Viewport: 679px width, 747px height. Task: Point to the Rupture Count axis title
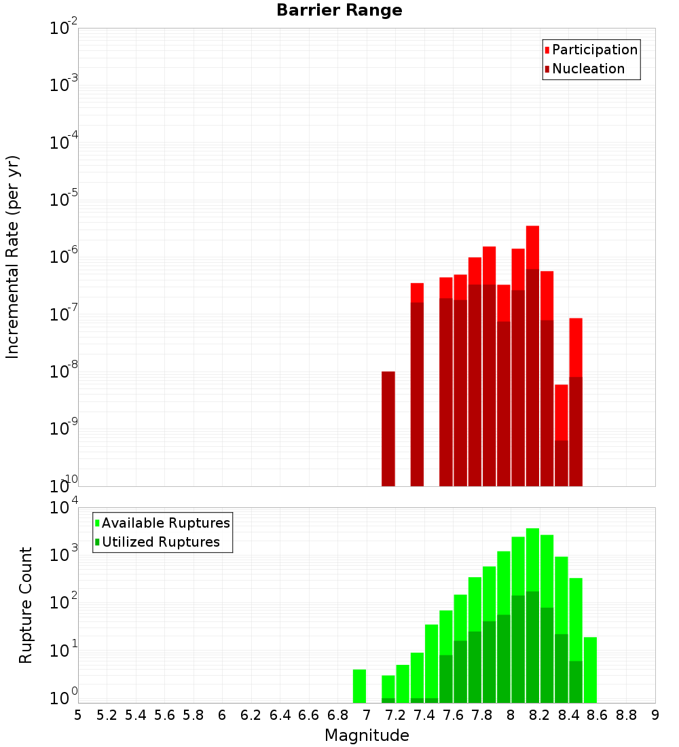(x=26, y=605)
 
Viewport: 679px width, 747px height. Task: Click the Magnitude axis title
(x=367, y=735)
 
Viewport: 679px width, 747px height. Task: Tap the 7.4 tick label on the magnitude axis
(x=424, y=715)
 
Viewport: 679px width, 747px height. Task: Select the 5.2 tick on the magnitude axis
(x=107, y=715)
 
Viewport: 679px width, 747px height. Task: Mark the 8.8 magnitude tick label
(x=626, y=715)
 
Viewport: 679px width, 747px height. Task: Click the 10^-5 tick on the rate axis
(x=65, y=200)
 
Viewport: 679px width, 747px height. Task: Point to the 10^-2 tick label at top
(x=65, y=29)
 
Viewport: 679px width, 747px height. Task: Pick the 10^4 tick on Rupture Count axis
(x=65, y=507)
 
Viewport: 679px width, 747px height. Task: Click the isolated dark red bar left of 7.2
(x=388, y=428)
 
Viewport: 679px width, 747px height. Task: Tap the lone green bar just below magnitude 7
(x=359, y=686)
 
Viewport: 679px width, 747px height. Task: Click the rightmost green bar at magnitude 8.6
(x=590, y=669)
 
